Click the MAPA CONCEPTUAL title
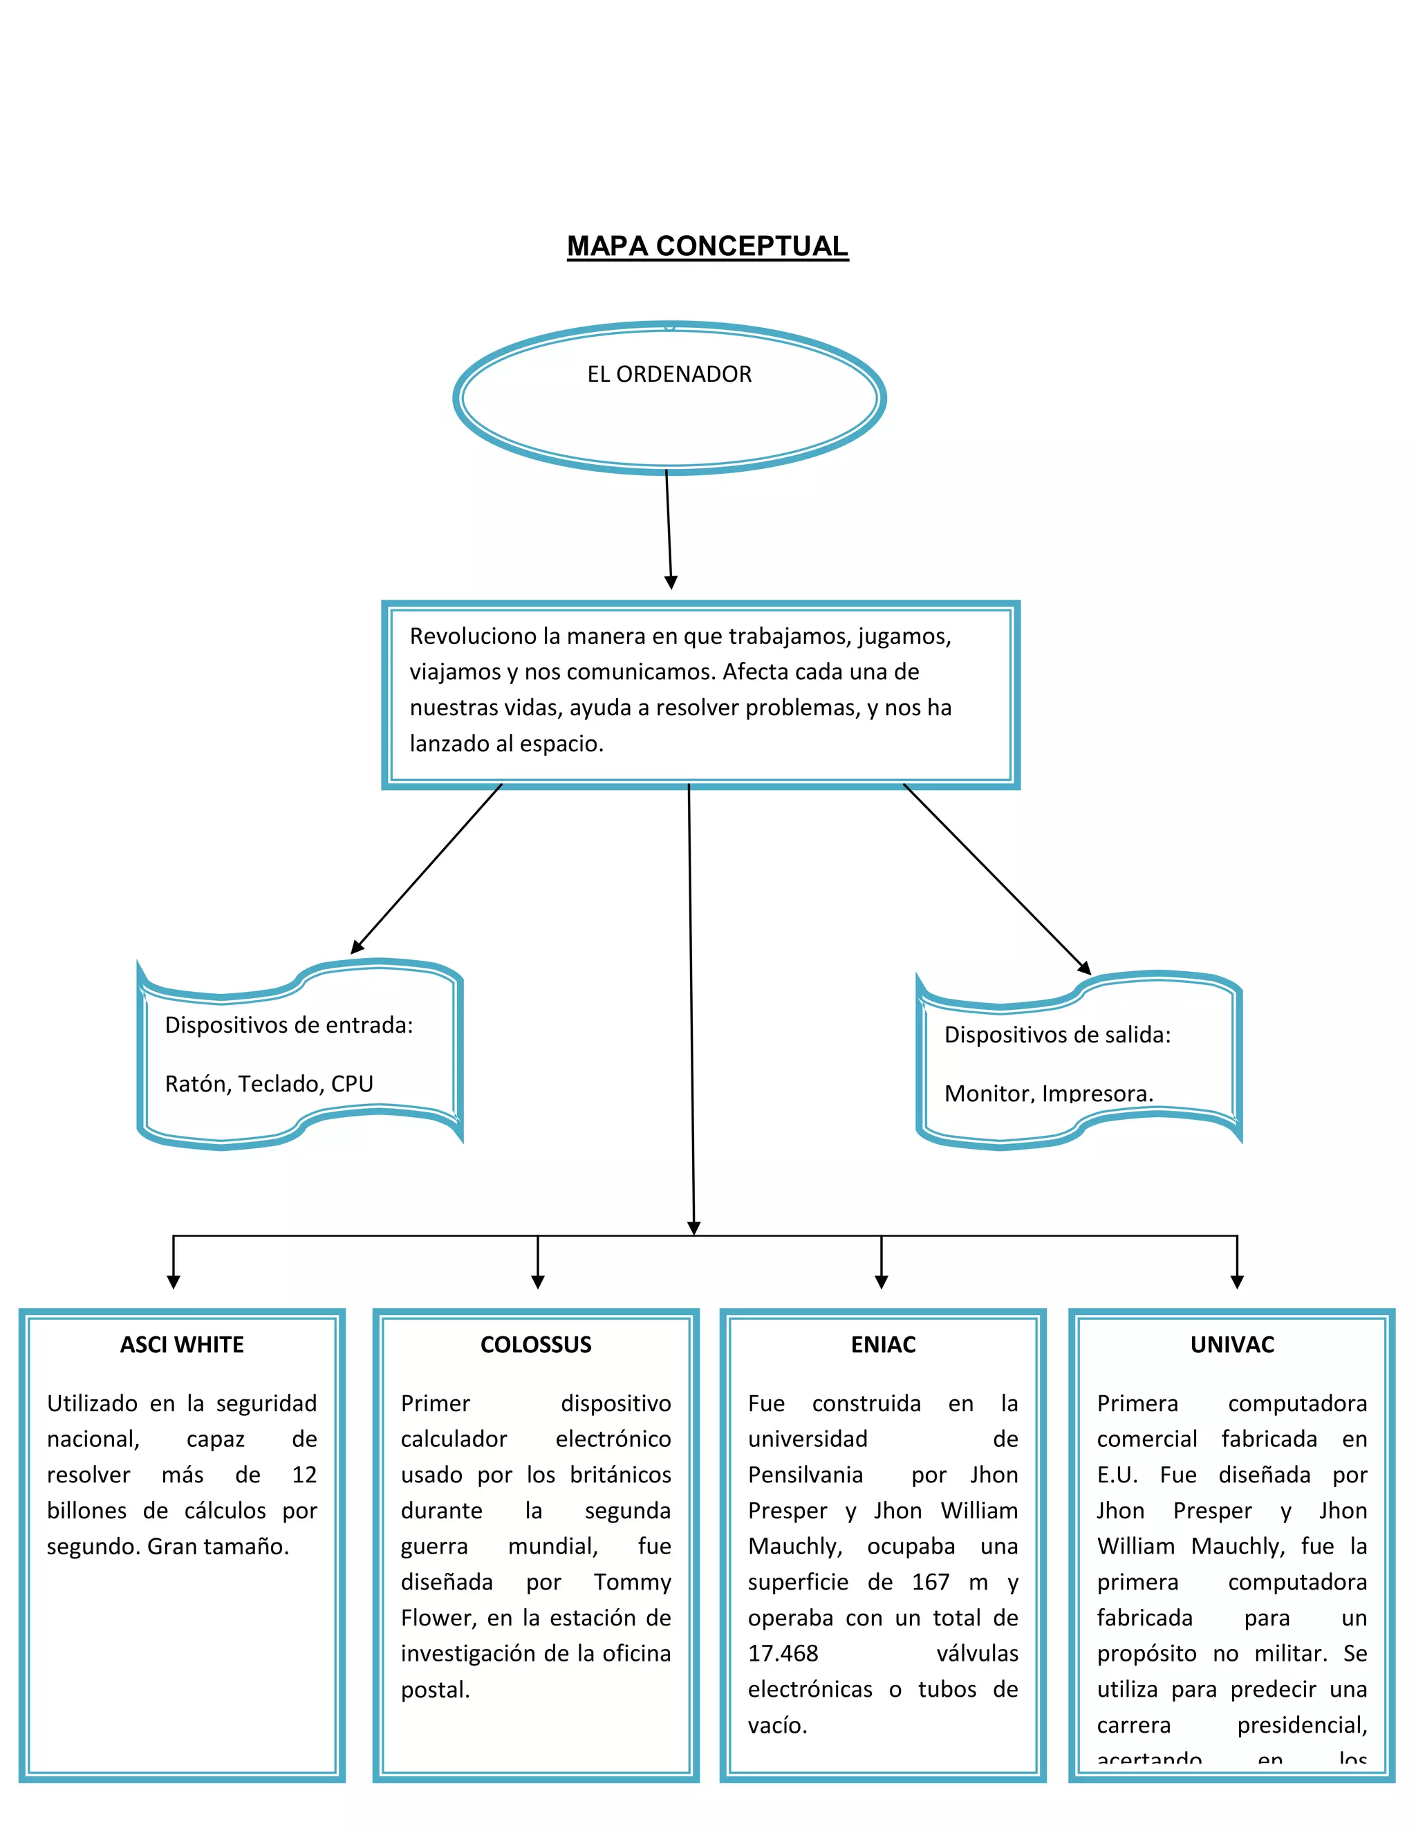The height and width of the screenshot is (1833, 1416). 707,246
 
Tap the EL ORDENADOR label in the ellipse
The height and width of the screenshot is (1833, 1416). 669,374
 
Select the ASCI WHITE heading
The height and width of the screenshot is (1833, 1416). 182,1345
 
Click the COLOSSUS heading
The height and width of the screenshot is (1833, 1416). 536,1345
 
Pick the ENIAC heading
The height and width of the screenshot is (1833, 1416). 884,1345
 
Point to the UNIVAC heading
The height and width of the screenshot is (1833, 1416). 1231,1345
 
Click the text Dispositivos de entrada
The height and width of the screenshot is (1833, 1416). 288,1025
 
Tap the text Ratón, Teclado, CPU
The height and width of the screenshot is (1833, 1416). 268,1083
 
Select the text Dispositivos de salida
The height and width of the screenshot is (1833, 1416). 1057,1034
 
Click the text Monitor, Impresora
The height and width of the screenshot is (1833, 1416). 1049,1092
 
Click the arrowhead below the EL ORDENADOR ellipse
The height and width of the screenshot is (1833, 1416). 670,582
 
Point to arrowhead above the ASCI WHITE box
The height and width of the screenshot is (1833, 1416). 174,1282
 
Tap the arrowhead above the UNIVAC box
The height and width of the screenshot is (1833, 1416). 1236,1282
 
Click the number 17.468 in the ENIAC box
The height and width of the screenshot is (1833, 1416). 783,1653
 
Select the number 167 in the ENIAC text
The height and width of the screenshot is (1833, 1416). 931,1582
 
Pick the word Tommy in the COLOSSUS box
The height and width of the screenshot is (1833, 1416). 633,1582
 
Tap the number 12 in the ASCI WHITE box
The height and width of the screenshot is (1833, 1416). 304,1475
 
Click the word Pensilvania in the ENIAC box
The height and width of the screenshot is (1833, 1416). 805,1475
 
